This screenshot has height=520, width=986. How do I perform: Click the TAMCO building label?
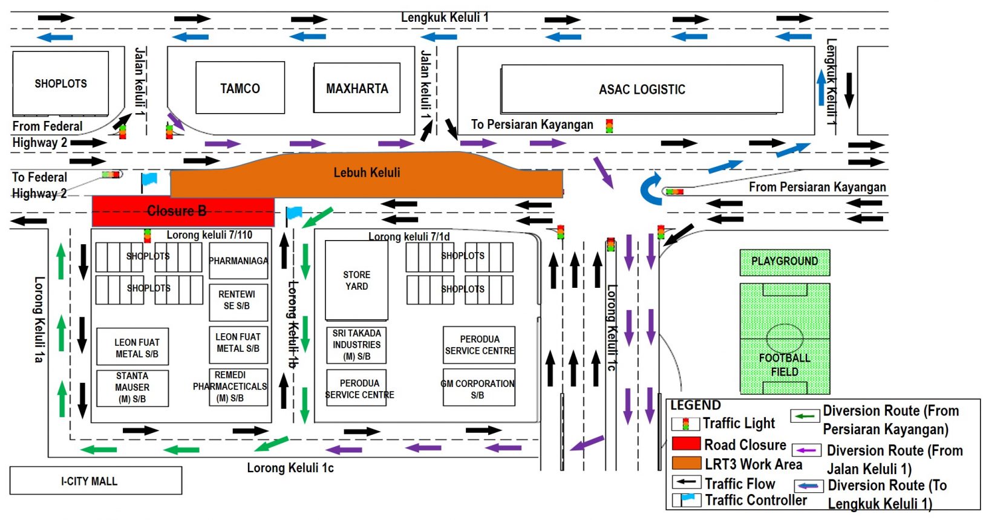[240, 88]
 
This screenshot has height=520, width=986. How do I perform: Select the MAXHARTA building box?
[357, 88]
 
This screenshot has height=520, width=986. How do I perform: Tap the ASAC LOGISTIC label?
[642, 89]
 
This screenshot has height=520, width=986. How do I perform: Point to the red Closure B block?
[183, 212]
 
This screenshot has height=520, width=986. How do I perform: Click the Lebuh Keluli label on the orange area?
[367, 173]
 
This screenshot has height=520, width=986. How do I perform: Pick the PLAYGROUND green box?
[785, 262]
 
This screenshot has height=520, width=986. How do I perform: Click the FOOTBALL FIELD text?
[785, 365]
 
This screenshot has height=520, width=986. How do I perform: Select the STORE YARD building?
[356, 281]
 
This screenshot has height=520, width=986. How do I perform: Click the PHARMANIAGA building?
[238, 261]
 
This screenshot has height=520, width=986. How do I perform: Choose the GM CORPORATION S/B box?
[478, 389]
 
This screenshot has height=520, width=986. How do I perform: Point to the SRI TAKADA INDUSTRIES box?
[356, 345]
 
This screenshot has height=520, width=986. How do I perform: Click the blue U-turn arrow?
[651, 189]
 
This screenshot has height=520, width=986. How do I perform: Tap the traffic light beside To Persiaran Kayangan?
[609, 126]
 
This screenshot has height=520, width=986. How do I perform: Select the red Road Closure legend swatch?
[686, 444]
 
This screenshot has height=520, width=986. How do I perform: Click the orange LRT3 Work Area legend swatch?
[686, 464]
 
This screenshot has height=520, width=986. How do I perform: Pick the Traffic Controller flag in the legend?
[687, 500]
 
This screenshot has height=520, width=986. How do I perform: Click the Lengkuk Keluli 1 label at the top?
[445, 18]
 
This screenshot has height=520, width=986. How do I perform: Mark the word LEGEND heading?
[696, 405]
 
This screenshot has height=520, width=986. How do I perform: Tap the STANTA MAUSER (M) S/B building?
[132, 388]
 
